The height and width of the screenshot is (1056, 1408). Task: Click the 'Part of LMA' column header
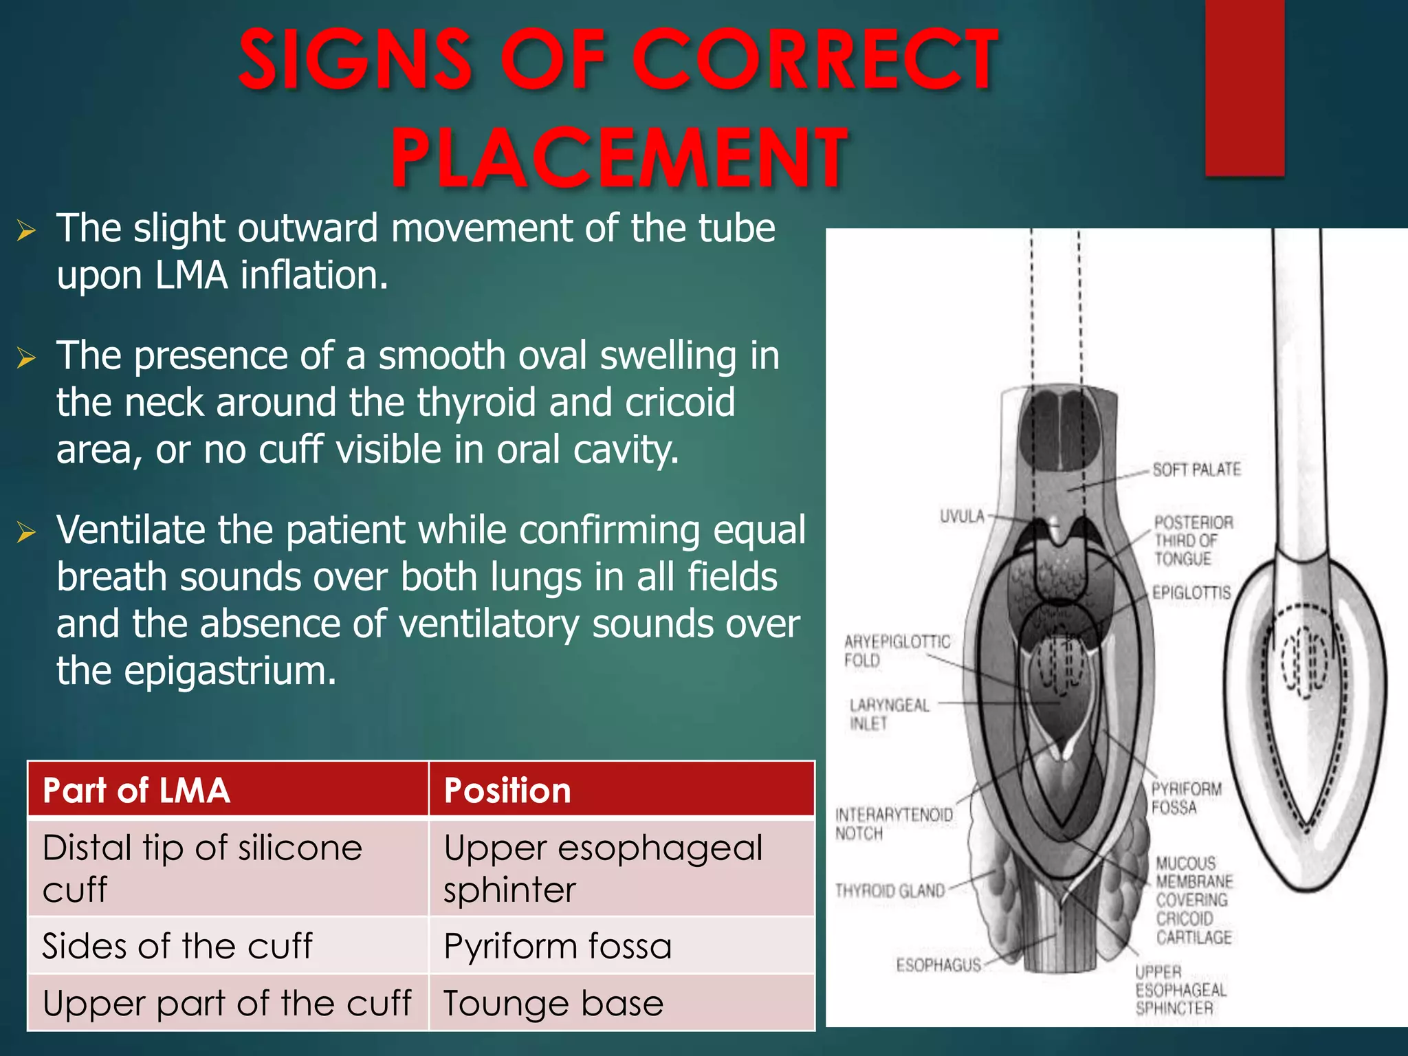click(136, 790)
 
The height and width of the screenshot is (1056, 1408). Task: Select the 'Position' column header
click(507, 790)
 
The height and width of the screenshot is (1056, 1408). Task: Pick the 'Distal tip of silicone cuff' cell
click(202, 868)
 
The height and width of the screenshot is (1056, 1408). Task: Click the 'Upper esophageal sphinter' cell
click(603, 868)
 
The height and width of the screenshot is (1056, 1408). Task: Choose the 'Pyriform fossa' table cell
click(558, 946)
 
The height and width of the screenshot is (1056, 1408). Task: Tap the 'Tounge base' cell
click(553, 1003)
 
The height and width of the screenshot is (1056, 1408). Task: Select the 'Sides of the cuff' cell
click(177, 946)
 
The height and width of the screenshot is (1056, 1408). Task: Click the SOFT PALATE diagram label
click(1196, 470)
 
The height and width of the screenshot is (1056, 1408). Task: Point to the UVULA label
click(962, 516)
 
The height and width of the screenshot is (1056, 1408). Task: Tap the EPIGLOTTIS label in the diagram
click(1191, 593)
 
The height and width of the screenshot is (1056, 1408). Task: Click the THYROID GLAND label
click(890, 891)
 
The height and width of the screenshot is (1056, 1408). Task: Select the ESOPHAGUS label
click(938, 965)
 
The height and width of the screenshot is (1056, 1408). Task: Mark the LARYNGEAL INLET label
click(888, 714)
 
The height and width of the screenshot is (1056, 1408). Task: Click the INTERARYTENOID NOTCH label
click(894, 824)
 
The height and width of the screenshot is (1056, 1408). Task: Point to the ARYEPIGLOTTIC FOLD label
click(896, 650)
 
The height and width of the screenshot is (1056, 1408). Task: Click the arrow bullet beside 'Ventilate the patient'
click(26, 532)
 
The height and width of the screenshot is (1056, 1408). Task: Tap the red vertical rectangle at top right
click(1244, 87)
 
